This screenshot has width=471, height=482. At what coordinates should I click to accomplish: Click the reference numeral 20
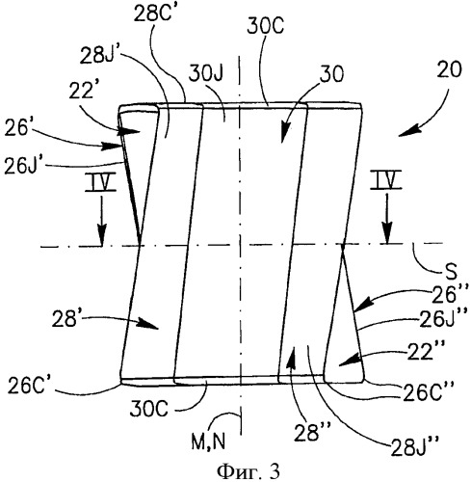click(449, 69)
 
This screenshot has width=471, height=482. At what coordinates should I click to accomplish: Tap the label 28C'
click(153, 13)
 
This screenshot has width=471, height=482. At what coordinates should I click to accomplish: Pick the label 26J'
click(24, 166)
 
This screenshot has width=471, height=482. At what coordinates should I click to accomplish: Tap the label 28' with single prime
click(66, 319)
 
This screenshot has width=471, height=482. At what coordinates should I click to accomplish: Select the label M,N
click(208, 442)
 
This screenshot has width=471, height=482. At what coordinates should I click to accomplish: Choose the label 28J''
click(414, 446)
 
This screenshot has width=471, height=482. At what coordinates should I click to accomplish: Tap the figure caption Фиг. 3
click(249, 471)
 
